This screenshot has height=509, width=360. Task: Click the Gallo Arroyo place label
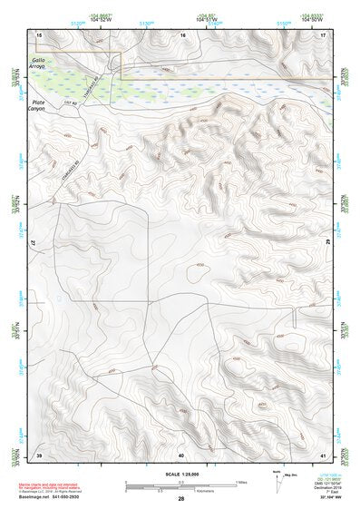42,61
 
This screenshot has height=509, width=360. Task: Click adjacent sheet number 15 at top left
39,34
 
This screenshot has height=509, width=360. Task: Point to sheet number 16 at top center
182,34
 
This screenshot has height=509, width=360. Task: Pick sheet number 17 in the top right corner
323,34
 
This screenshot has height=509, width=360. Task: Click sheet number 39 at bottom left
39,454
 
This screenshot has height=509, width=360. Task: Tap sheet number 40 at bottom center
181,454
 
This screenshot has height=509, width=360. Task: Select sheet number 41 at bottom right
323,454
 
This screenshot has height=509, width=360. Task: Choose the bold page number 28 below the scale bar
181,498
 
